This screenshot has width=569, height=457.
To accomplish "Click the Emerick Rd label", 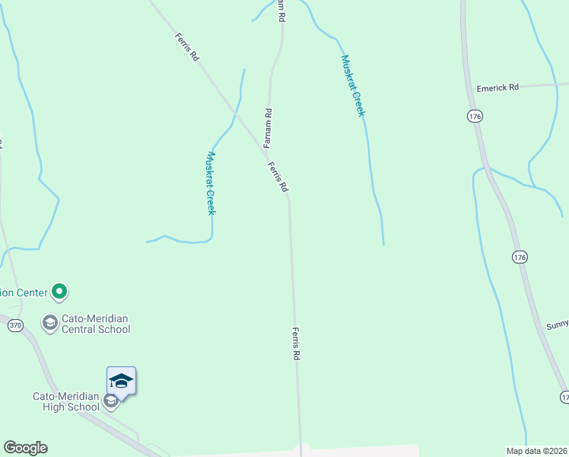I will [x=497, y=88].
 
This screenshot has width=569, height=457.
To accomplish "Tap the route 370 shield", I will [x=16, y=325].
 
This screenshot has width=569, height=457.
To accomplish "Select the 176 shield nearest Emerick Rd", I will [x=475, y=116].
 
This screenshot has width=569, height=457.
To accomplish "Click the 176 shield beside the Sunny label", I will [x=520, y=257].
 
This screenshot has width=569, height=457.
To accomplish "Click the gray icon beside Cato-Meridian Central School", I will [x=50, y=323].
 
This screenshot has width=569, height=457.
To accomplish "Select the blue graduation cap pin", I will [x=121, y=380].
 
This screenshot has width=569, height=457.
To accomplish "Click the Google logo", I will [x=25, y=448].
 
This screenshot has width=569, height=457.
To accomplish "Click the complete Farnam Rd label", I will [x=269, y=127].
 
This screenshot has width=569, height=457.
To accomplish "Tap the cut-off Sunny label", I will [x=557, y=325].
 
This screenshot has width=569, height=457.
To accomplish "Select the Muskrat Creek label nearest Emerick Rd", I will [x=353, y=85].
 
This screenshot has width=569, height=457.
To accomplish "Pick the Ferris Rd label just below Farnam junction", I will [x=278, y=176].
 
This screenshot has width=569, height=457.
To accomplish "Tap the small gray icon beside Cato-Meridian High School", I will [x=111, y=401].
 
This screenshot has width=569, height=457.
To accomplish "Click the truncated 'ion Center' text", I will [x=24, y=291].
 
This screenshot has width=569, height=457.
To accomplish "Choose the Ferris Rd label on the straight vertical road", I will [x=296, y=344].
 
